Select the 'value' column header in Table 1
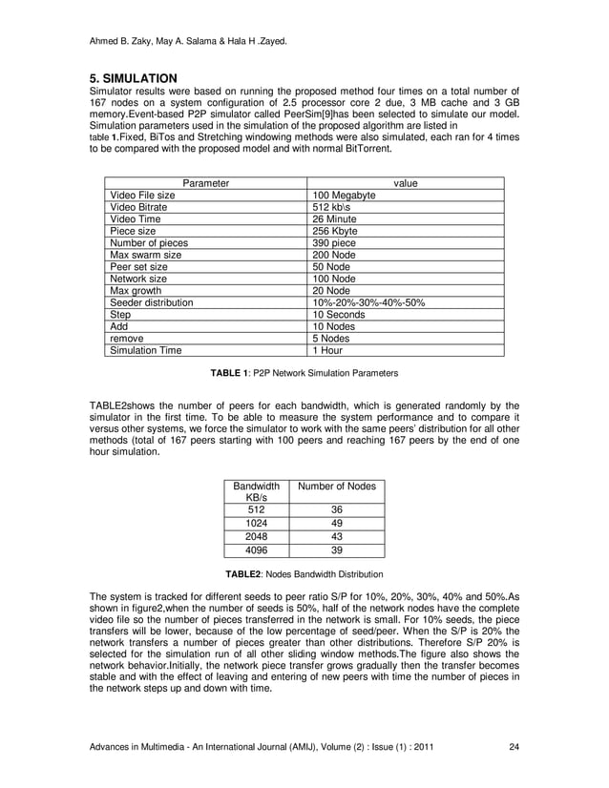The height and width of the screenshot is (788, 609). coord(406,182)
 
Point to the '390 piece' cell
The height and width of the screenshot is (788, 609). coord(335,243)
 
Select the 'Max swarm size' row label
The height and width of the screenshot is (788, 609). coord(146,256)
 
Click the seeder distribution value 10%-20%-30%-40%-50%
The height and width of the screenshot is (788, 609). coord(368,302)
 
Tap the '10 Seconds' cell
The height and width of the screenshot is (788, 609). coord(339,314)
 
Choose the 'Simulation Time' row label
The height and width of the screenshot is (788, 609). coord(146,350)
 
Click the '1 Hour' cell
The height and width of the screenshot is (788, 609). coord(328,350)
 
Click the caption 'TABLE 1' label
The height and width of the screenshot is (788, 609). coord(231,371)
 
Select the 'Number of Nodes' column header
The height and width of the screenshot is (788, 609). coord(337,487)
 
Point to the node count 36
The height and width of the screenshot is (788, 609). coord(337,510)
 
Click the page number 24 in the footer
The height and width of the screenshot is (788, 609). coord(514,744)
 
